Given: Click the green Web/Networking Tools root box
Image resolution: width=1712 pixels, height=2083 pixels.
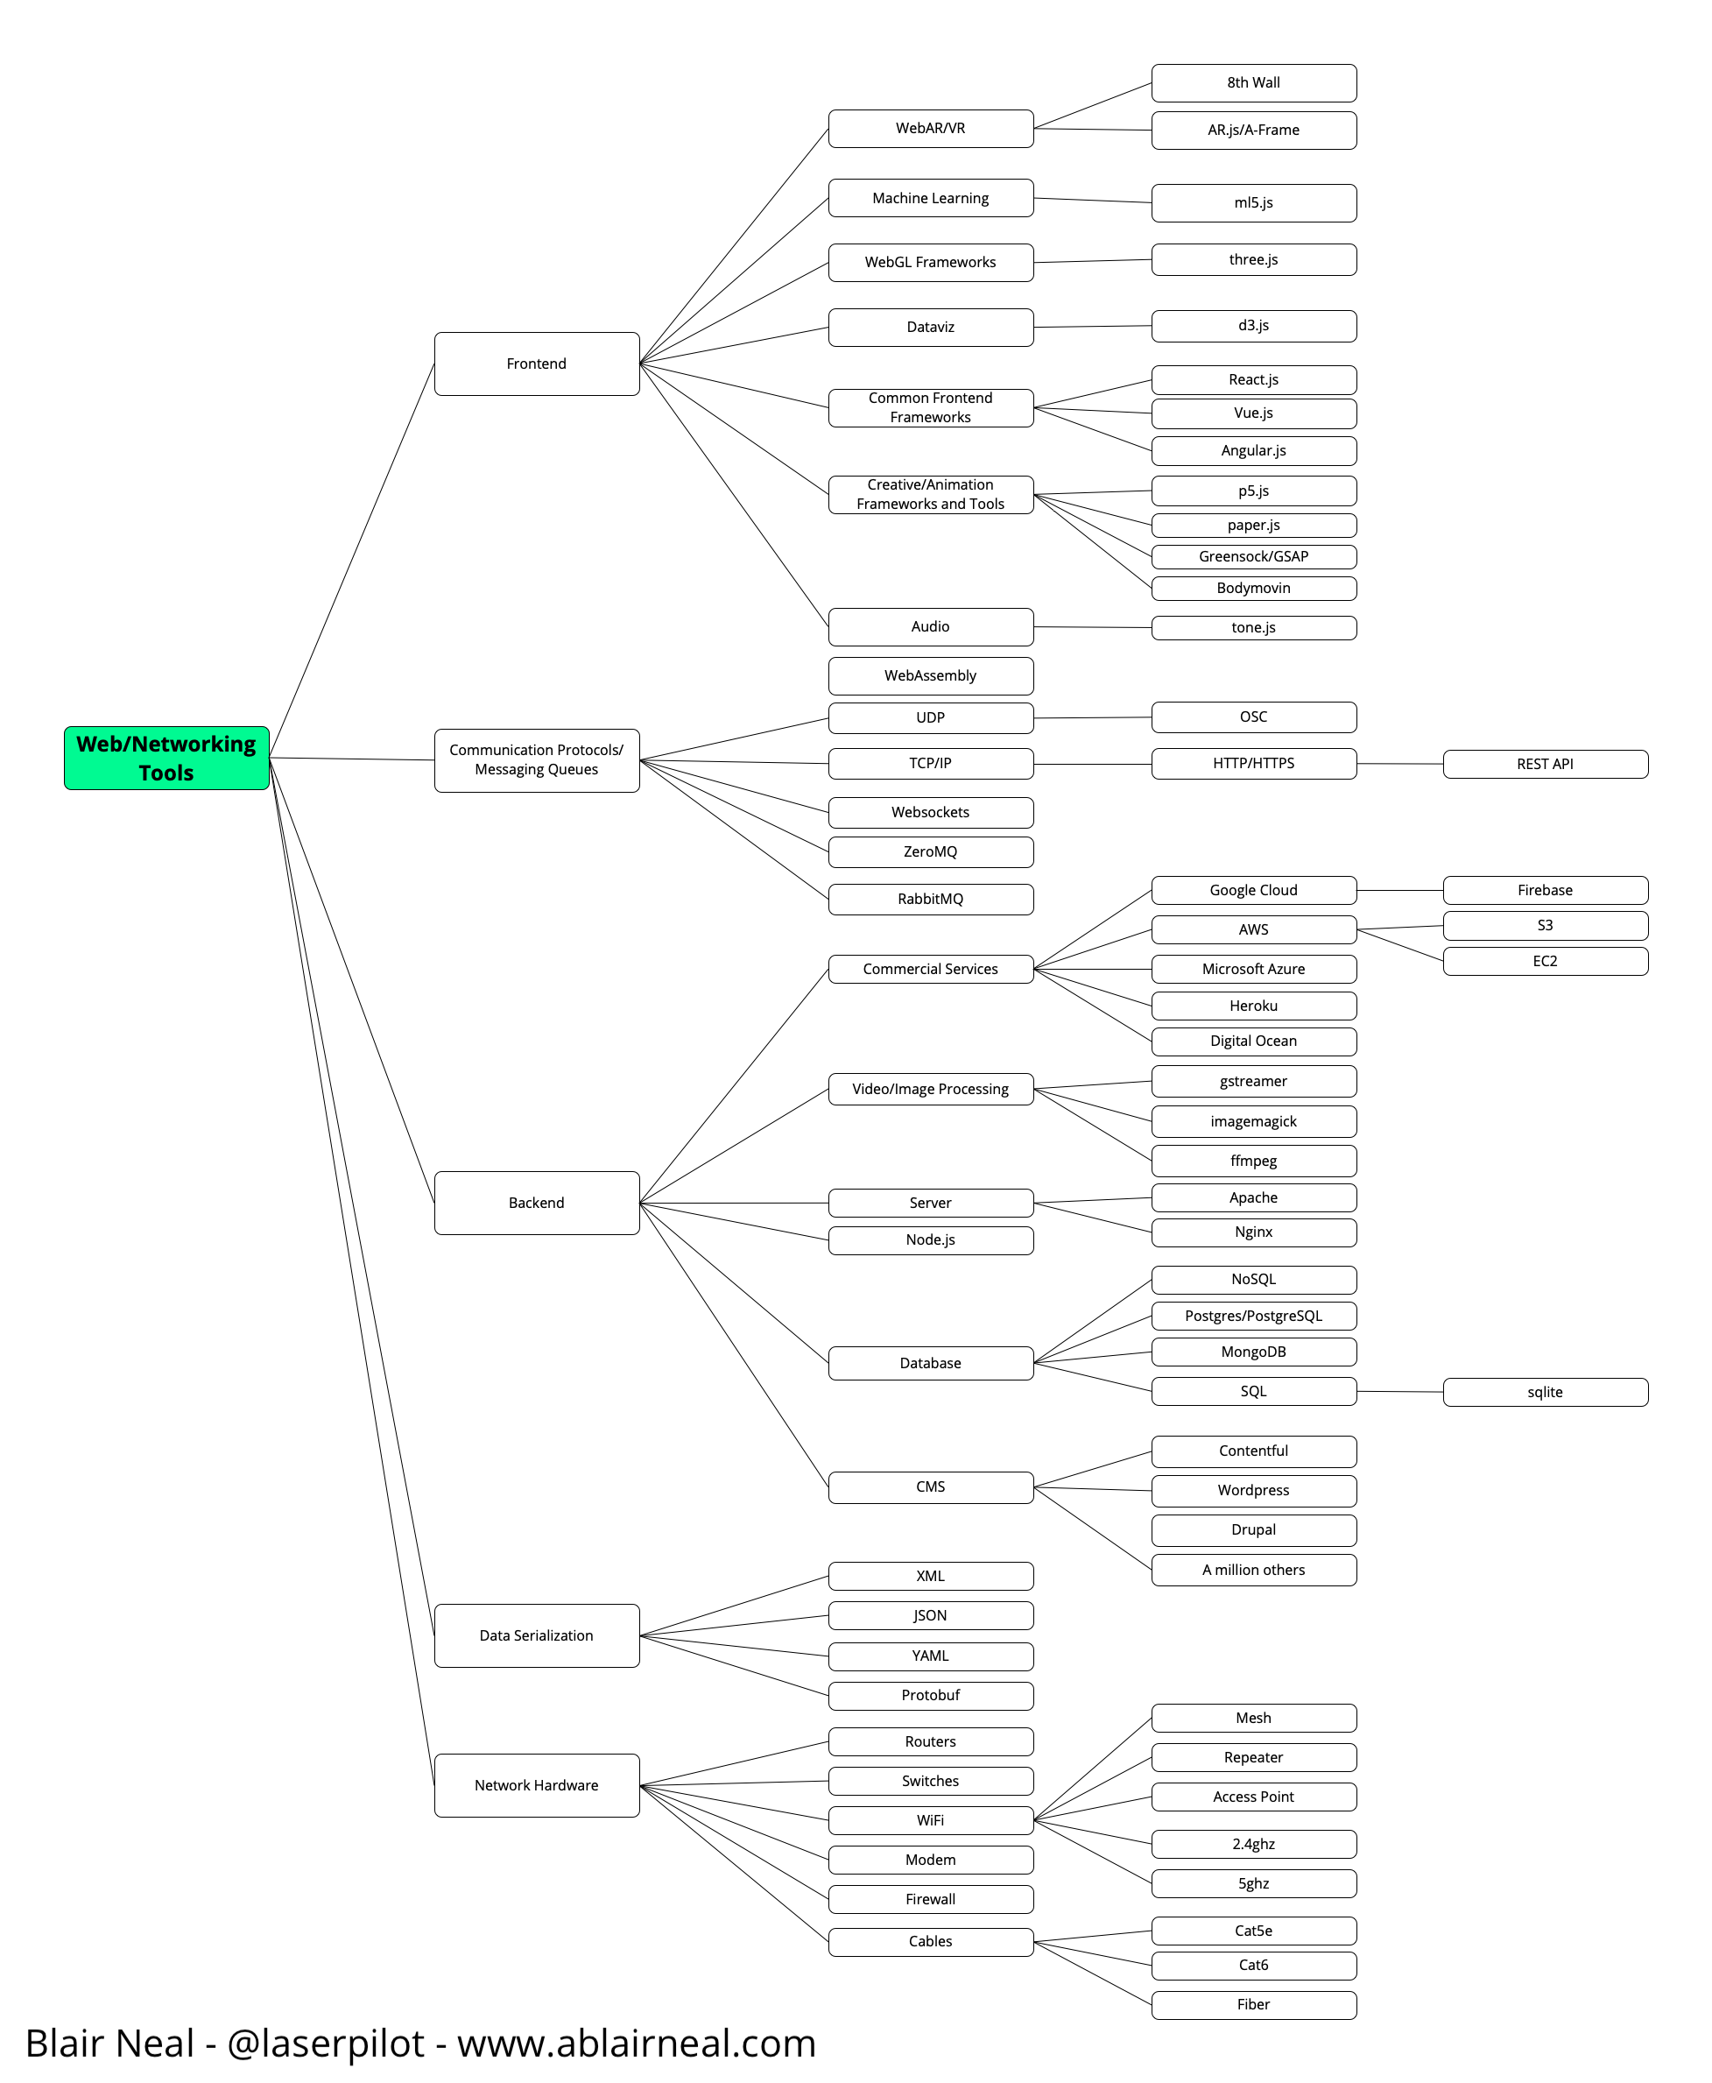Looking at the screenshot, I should (x=166, y=758).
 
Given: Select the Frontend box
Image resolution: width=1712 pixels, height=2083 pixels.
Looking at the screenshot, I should (x=537, y=364).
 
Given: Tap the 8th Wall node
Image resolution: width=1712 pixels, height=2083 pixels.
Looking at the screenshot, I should (x=1253, y=83).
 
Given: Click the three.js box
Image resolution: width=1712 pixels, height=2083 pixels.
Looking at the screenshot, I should (x=1253, y=259).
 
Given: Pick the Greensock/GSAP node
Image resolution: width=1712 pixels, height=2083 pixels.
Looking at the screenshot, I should (x=1253, y=556).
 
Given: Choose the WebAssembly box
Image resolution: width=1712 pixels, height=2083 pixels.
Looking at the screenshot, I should (x=930, y=675).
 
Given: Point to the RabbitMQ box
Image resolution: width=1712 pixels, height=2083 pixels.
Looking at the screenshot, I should (x=930, y=899).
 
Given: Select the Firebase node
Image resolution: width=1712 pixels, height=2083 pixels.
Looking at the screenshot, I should (x=1545, y=890).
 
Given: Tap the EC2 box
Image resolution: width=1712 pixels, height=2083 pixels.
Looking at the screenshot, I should (x=1545, y=961).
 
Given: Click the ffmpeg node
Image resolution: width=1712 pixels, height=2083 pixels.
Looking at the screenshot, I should (x=1253, y=1161).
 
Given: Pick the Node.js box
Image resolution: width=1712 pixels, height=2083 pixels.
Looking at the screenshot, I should (x=930, y=1239).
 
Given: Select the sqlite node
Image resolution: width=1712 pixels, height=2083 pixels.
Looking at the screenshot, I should (x=1545, y=1392).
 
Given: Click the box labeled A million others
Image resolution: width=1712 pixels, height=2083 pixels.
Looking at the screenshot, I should (x=1253, y=1571).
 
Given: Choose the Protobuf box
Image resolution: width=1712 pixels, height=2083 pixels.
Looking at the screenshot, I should (x=930, y=1696).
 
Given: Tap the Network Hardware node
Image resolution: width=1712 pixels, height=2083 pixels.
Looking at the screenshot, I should (x=537, y=1785).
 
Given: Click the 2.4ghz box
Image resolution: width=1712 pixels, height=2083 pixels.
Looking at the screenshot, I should (x=1253, y=1845).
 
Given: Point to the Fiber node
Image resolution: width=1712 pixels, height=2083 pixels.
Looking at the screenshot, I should (x=1253, y=2004).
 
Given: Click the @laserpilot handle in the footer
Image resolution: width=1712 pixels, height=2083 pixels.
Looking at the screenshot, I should (x=326, y=2044).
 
